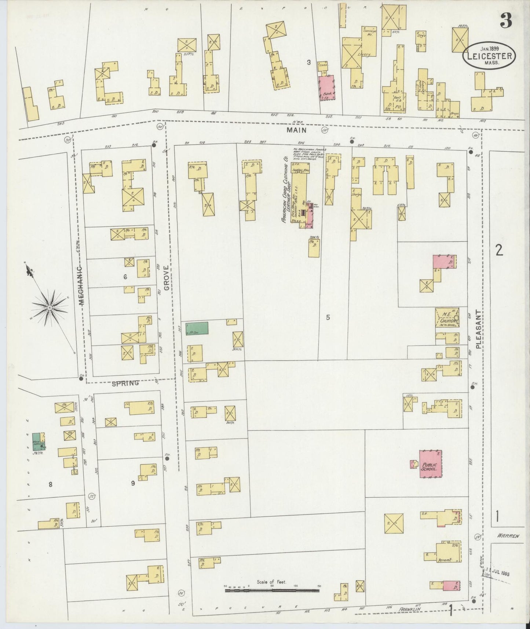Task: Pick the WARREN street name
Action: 508,536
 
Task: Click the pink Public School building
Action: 431,464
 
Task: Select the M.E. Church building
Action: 447,318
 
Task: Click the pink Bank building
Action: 326,88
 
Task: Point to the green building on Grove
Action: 197,328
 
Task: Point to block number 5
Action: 328,317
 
